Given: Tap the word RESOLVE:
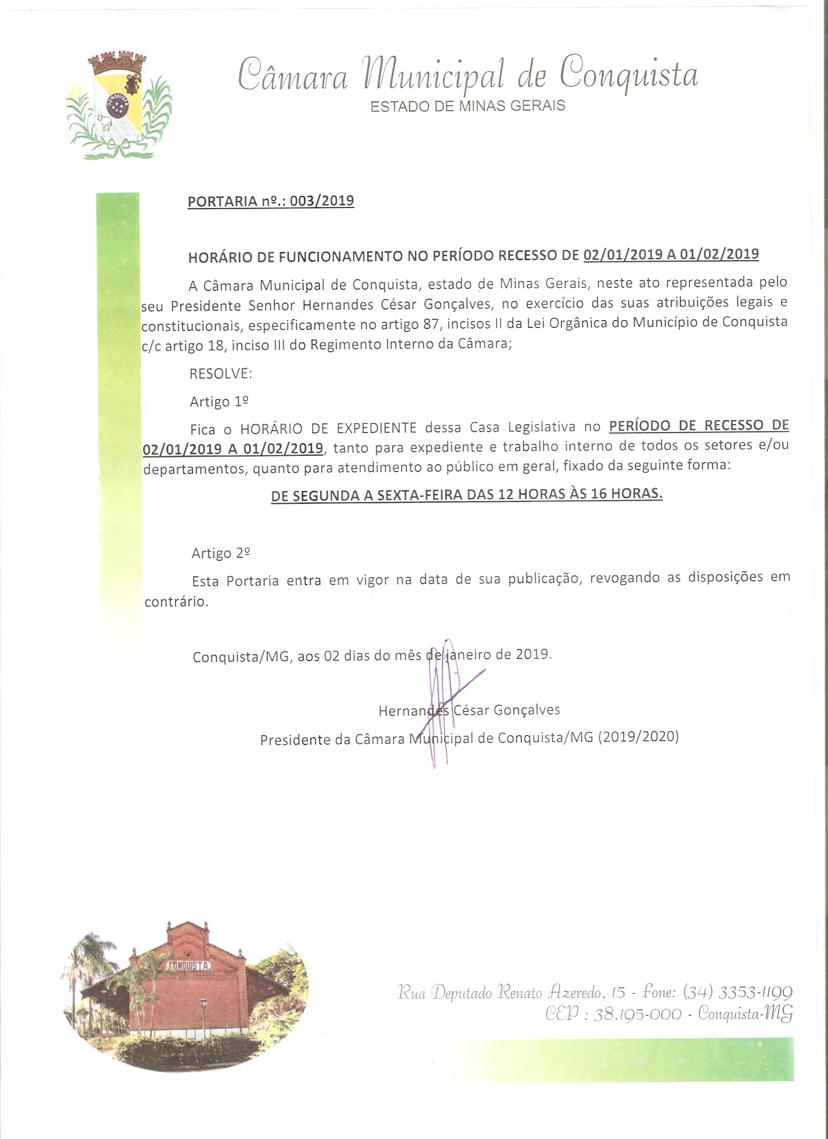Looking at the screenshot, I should pyautogui.click(x=221, y=374).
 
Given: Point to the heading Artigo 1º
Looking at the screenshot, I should pyautogui.click(x=220, y=402).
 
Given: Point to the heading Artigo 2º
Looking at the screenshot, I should pyautogui.click(x=221, y=553).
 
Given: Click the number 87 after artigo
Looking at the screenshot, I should pyautogui.click(x=428, y=324).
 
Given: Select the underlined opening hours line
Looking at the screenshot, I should pyautogui.click(x=467, y=494).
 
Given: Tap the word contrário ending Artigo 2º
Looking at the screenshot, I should pyautogui.click(x=176, y=602).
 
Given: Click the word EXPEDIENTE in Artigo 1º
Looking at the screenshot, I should pyautogui.click(x=376, y=428).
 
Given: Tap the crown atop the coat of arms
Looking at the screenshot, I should pyautogui.click(x=117, y=63).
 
